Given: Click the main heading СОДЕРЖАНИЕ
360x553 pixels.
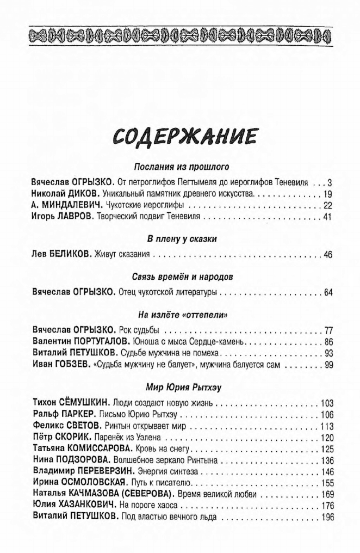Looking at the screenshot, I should pyautogui.click(x=182, y=136).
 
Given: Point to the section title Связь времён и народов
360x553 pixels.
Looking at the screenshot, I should pyautogui.click(x=182, y=276).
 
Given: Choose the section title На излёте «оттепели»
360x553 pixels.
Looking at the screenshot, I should pyautogui.click(x=182, y=315).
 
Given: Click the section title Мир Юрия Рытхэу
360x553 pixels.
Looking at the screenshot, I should pyautogui.click(x=182, y=388).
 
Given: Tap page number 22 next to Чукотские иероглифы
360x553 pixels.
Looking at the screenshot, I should pyautogui.click(x=327, y=205).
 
